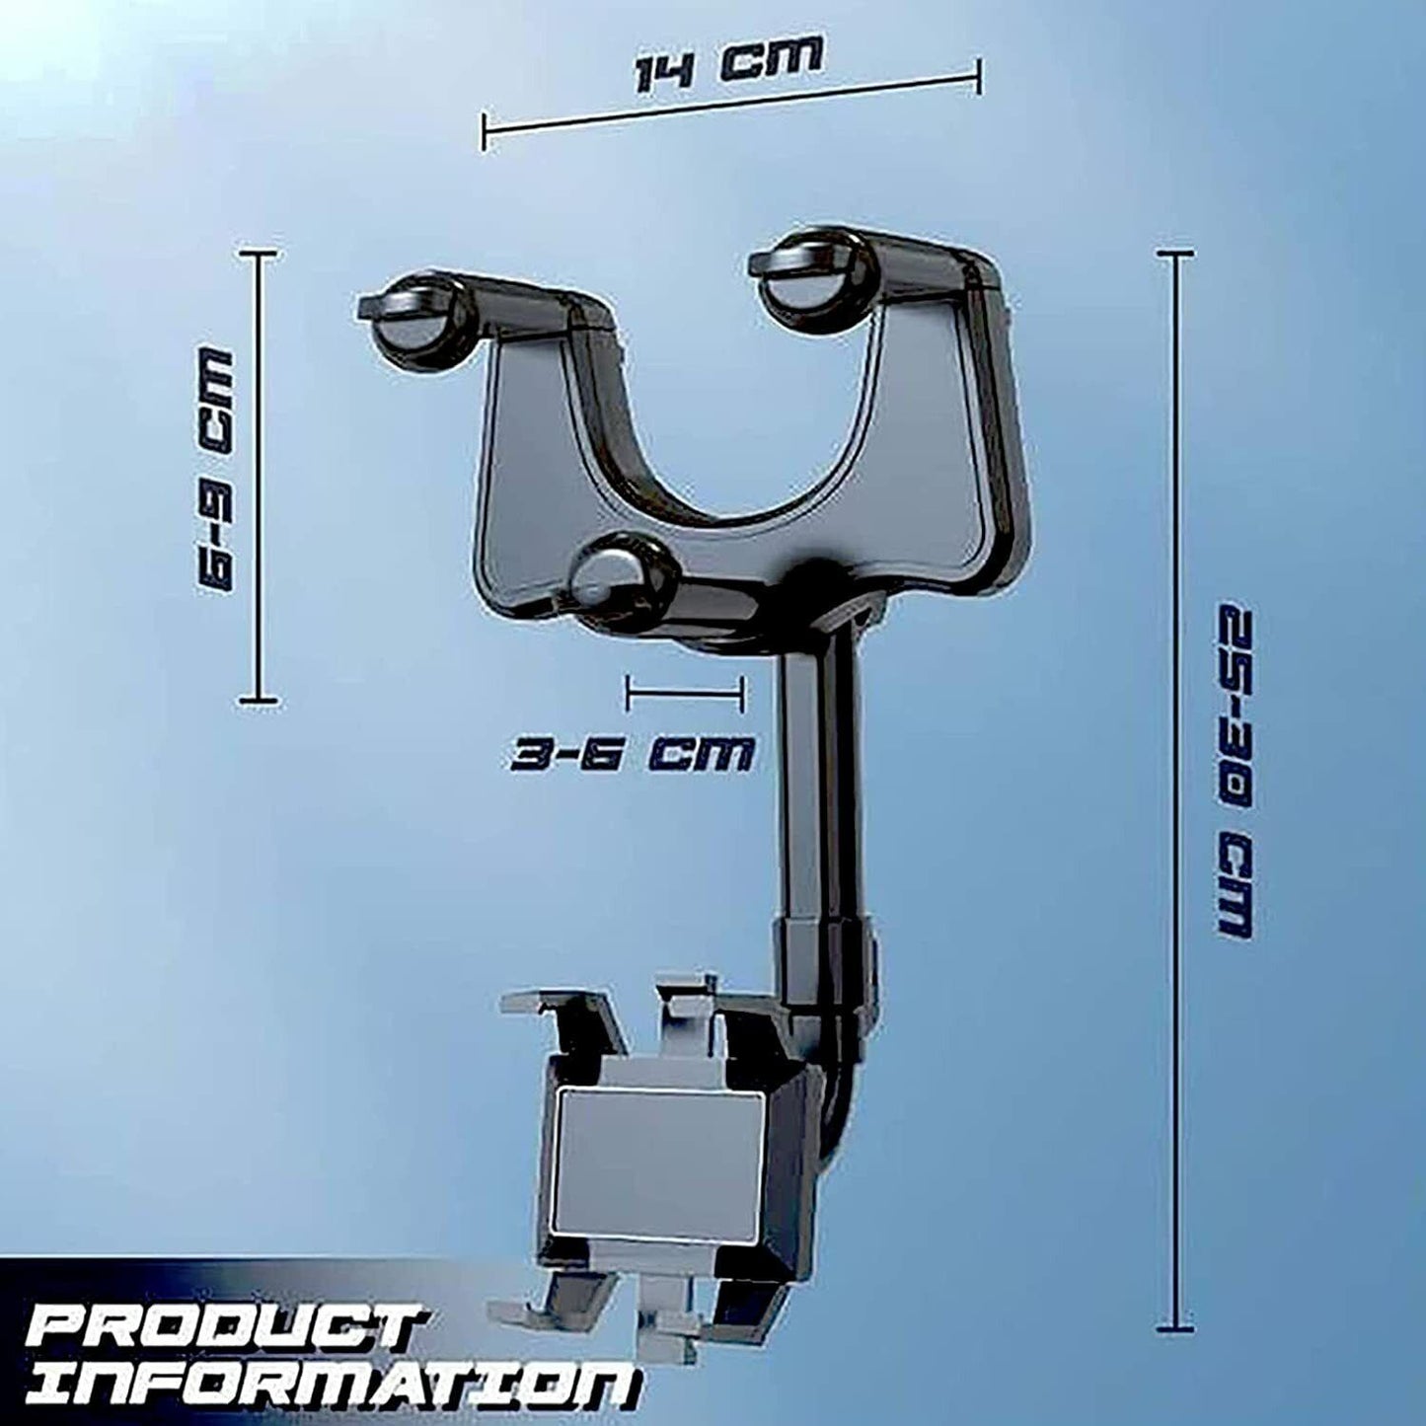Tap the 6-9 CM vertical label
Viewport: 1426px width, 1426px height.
pyautogui.click(x=216, y=471)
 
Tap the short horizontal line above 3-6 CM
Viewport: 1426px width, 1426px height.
pyautogui.click(x=684, y=693)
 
